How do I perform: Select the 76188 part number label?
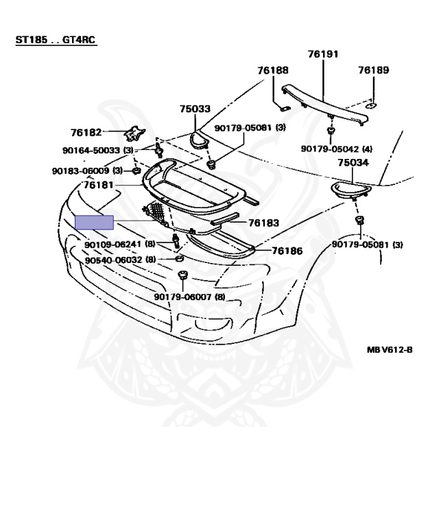273,70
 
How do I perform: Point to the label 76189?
373,70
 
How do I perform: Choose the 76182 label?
86,133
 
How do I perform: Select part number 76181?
99,186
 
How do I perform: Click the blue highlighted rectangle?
94,222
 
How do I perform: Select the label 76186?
287,251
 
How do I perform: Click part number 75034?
353,163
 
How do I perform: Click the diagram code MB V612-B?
390,349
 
